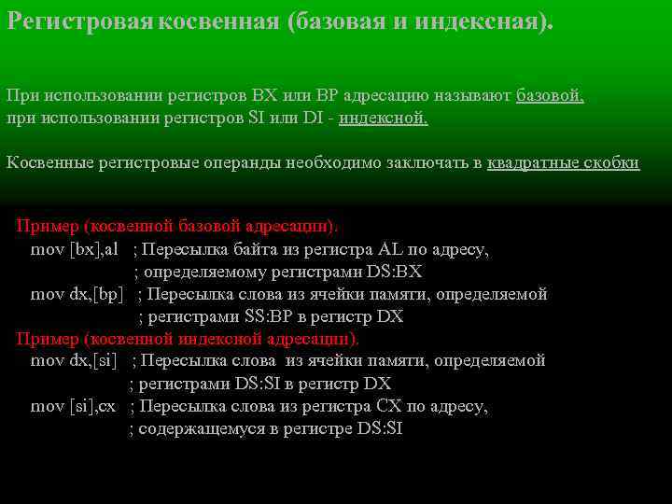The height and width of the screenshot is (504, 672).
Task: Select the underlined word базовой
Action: [551, 95]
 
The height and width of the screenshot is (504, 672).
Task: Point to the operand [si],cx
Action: [93, 406]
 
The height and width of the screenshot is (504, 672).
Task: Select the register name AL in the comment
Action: [389, 249]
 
